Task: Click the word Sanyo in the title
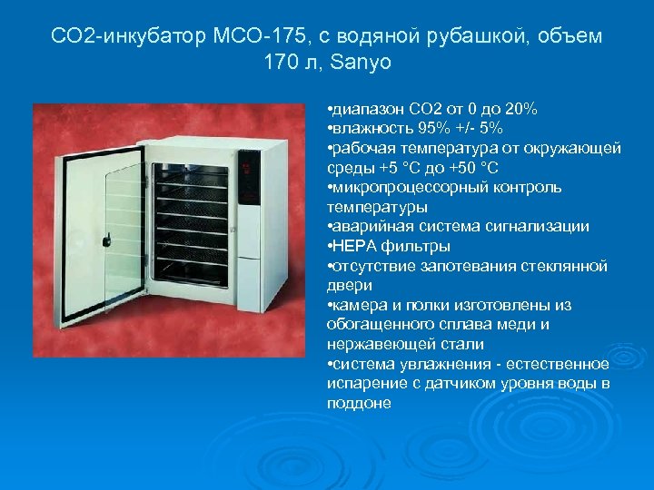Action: click(x=362, y=64)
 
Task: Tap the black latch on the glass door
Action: click(x=107, y=240)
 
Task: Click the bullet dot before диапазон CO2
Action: click(x=330, y=110)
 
